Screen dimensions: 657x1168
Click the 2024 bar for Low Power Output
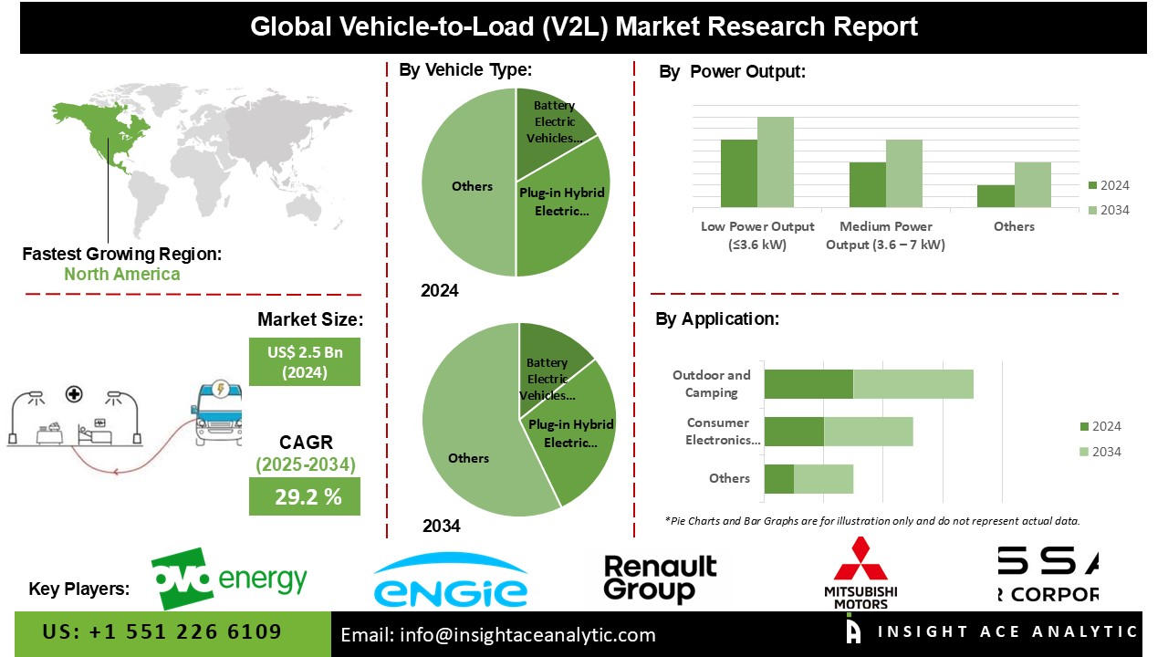739,172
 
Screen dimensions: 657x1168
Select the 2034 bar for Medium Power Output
904,172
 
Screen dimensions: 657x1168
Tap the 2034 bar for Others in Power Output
1033,184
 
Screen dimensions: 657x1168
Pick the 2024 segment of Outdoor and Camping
808,384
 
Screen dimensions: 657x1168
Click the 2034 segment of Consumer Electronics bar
868,432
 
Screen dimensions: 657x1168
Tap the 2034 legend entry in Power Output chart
1109,210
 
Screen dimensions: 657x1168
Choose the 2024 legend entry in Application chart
1100,426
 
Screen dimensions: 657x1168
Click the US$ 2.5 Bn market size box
305,361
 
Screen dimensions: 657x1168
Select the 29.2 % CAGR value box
305,496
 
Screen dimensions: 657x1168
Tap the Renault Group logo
660,579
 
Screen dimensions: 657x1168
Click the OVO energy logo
229,578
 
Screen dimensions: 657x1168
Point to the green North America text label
121,274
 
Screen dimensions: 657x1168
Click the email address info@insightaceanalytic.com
498,635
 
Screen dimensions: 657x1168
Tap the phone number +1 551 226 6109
162,631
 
